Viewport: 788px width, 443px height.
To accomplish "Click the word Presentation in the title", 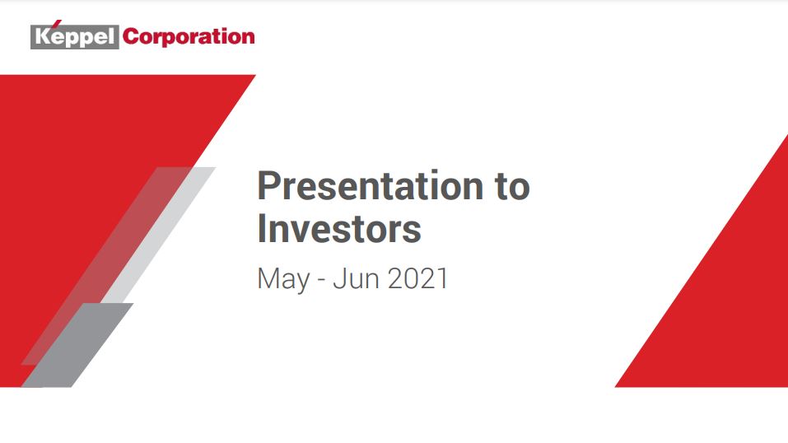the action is point(371,185).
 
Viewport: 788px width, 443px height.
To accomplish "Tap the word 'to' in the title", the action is point(512,186).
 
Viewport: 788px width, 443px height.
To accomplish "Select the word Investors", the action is point(339,229).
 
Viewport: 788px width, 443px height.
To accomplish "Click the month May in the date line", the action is point(283,279).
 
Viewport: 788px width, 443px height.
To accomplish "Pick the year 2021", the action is point(417,278).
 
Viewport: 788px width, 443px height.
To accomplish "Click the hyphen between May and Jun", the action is point(322,281).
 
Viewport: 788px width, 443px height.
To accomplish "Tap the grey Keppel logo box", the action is point(74,37).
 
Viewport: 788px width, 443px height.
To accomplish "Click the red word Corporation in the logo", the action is point(189,37).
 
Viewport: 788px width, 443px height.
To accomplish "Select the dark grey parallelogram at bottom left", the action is point(77,345).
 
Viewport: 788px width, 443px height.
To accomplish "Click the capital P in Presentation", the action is point(268,185).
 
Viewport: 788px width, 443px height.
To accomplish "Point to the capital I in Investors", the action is point(261,229).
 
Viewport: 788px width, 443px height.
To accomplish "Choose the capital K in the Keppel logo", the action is point(43,38).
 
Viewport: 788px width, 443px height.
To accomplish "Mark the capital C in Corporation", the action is point(131,37).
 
